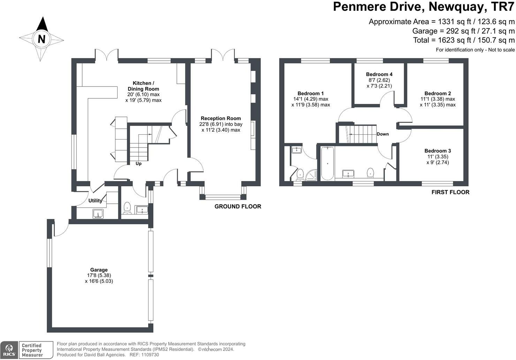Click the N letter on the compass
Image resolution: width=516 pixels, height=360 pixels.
tap(41, 39)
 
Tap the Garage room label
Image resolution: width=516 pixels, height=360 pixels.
tap(99, 270)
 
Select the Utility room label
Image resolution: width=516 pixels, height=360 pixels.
tap(95, 201)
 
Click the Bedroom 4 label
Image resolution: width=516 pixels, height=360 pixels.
tap(379, 74)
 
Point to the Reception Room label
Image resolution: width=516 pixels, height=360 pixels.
tap(221, 119)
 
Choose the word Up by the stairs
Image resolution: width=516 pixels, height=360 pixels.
tap(138, 164)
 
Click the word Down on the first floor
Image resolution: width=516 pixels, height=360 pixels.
tap(382, 134)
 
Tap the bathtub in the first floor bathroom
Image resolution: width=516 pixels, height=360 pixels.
tap(327, 163)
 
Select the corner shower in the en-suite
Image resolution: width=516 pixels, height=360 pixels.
tap(311, 175)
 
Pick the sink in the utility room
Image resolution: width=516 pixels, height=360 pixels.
tap(98, 213)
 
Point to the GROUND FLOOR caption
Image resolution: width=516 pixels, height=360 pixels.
tap(238, 207)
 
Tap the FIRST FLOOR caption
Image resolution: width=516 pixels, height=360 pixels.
tap(450, 192)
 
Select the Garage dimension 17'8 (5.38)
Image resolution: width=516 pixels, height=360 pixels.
tap(99, 276)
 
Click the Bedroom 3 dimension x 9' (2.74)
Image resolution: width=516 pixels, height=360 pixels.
tap(438, 163)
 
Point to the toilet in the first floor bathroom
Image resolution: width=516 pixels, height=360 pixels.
tap(370, 173)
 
